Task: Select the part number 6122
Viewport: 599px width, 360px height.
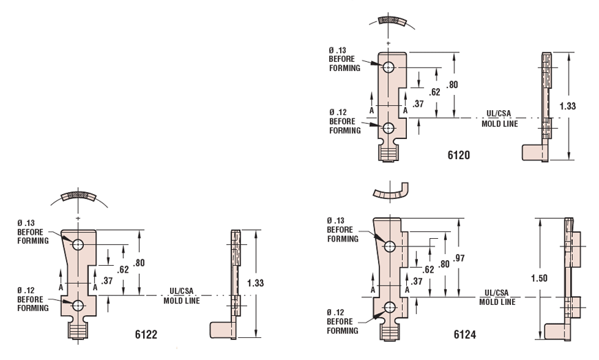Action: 147,335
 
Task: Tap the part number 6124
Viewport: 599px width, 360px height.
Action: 465,335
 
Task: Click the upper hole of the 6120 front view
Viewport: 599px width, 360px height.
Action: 389,67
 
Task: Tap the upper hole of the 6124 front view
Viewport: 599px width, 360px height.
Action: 390,246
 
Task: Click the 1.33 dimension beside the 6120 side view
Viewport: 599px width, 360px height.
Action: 568,106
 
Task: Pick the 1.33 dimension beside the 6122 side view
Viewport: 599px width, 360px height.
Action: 255,282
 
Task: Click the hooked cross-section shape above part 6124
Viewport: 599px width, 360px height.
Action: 389,191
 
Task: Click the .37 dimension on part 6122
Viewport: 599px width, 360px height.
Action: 107,280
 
